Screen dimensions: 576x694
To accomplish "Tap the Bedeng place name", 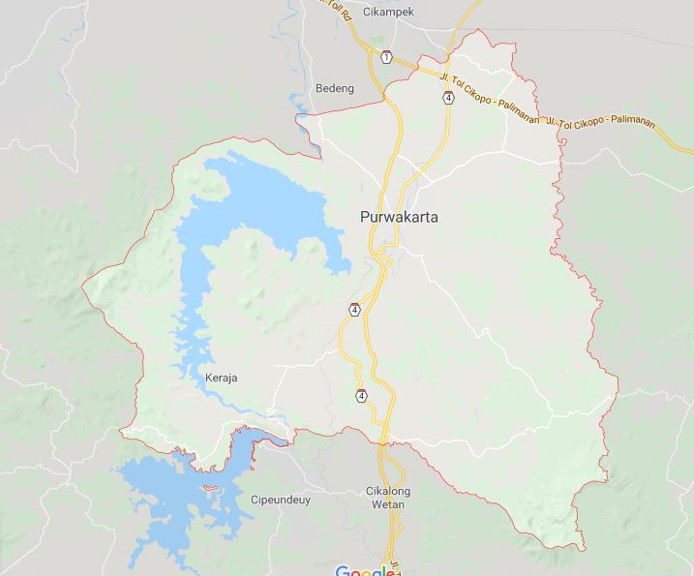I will [x=335, y=88].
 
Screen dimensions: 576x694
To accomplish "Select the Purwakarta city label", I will [x=398, y=217].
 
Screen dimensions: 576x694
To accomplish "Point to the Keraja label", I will [x=222, y=378].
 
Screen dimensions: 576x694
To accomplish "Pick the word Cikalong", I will [x=388, y=491].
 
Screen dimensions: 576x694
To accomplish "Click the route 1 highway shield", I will [x=386, y=57].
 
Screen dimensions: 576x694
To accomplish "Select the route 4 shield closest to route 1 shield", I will [x=448, y=98].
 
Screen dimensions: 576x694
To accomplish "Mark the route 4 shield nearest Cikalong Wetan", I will [x=361, y=395].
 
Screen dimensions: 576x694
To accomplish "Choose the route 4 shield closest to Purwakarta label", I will [x=355, y=310].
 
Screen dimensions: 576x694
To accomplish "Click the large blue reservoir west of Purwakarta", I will [x=254, y=208].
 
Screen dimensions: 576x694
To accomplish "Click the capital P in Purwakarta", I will [x=364, y=217].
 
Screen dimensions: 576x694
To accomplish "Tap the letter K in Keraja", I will [x=209, y=378].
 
